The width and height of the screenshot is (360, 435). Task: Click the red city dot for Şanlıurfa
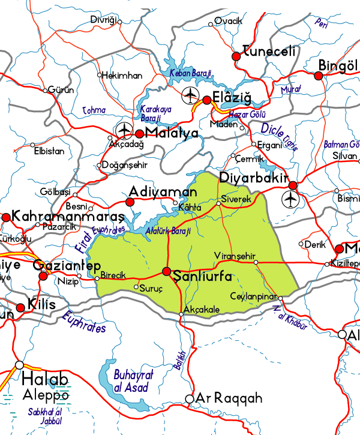167,271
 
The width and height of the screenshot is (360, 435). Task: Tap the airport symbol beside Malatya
124,129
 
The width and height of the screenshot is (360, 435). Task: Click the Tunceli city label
269,52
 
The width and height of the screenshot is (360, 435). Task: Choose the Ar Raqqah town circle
190,398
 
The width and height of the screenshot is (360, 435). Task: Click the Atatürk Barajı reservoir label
169,231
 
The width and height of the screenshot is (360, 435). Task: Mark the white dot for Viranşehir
256,262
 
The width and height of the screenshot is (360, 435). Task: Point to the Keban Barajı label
191,73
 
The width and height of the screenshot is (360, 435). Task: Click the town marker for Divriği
119,22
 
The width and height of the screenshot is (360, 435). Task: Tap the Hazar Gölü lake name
247,114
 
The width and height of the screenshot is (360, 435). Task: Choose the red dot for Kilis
20,308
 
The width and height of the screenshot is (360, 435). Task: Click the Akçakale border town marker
181,314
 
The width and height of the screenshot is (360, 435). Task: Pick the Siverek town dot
219,204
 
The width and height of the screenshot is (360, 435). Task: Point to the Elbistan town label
49,151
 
